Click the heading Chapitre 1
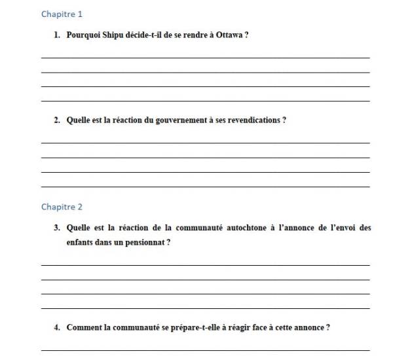pyautogui.click(x=62, y=14)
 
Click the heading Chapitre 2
pyautogui.click(x=62, y=207)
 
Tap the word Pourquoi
pyautogui.click(x=82, y=35)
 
